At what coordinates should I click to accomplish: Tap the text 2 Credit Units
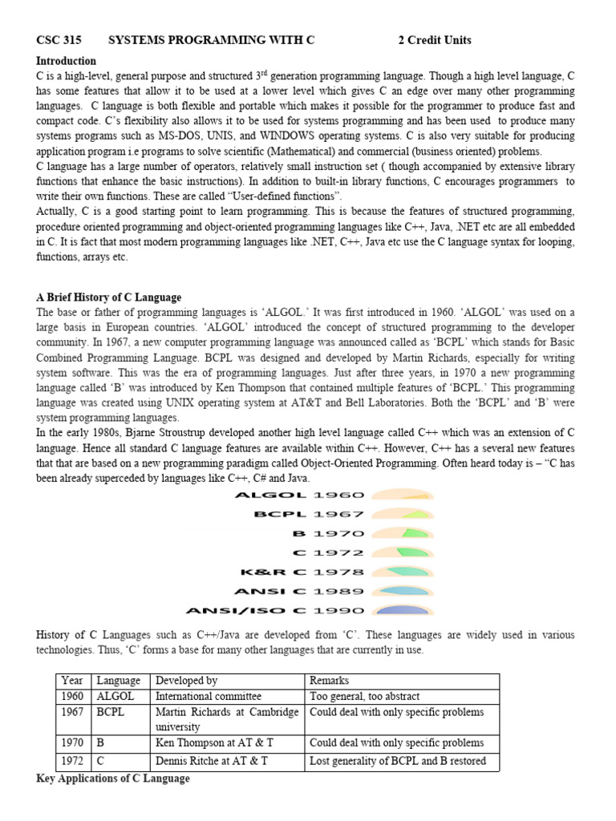coord(435,40)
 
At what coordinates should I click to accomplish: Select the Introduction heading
coord(66,61)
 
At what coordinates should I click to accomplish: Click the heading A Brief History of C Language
coord(109,297)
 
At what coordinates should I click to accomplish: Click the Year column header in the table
coord(73,681)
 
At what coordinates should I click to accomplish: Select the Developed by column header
coord(187,681)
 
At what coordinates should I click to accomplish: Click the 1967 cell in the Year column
coord(73,712)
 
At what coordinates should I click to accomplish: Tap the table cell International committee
coord(209,697)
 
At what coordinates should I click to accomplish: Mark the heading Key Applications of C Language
coord(113,779)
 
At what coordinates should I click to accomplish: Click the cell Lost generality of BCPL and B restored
coord(397,761)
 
